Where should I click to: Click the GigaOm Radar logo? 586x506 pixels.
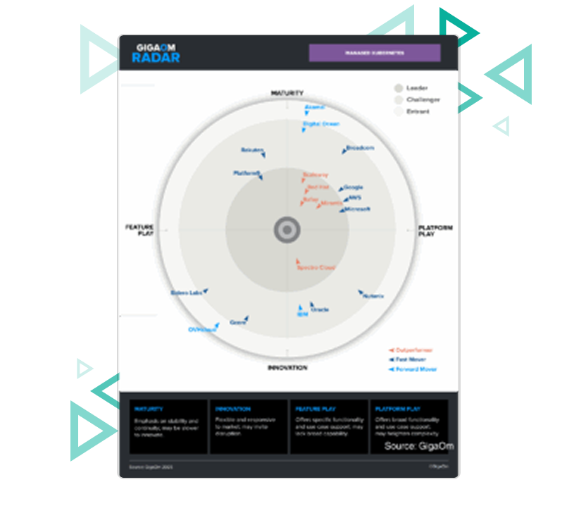click(x=156, y=53)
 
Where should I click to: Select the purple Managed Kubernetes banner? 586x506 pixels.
click(x=375, y=53)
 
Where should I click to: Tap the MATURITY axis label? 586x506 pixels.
click(x=287, y=93)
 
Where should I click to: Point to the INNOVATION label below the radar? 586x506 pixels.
click(x=287, y=368)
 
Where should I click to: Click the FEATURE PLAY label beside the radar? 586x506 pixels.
click(x=139, y=230)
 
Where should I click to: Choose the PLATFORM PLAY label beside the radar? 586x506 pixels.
click(x=435, y=230)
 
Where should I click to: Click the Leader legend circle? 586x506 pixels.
click(x=398, y=88)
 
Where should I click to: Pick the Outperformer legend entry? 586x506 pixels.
click(x=414, y=350)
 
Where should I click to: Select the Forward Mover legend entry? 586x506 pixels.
click(x=416, y=369)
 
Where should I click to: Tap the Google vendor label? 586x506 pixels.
click(x=353, y=187)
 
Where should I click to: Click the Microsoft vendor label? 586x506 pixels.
click(x=358, y=209)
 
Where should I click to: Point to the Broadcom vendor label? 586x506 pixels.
click(x=360, y=149)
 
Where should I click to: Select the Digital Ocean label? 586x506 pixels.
click(x=321, y=124)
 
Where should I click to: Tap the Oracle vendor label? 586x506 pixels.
click(x=320, y=309)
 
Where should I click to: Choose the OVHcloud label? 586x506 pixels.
click(x=201, y=330)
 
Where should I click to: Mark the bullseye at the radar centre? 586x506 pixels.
click(x=287, y=230)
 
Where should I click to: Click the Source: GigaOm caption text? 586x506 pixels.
click(x=419, y=446)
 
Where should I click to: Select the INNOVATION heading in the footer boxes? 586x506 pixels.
click(x=232, y=409)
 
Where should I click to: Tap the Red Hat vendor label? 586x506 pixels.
click(x=319, y=187)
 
